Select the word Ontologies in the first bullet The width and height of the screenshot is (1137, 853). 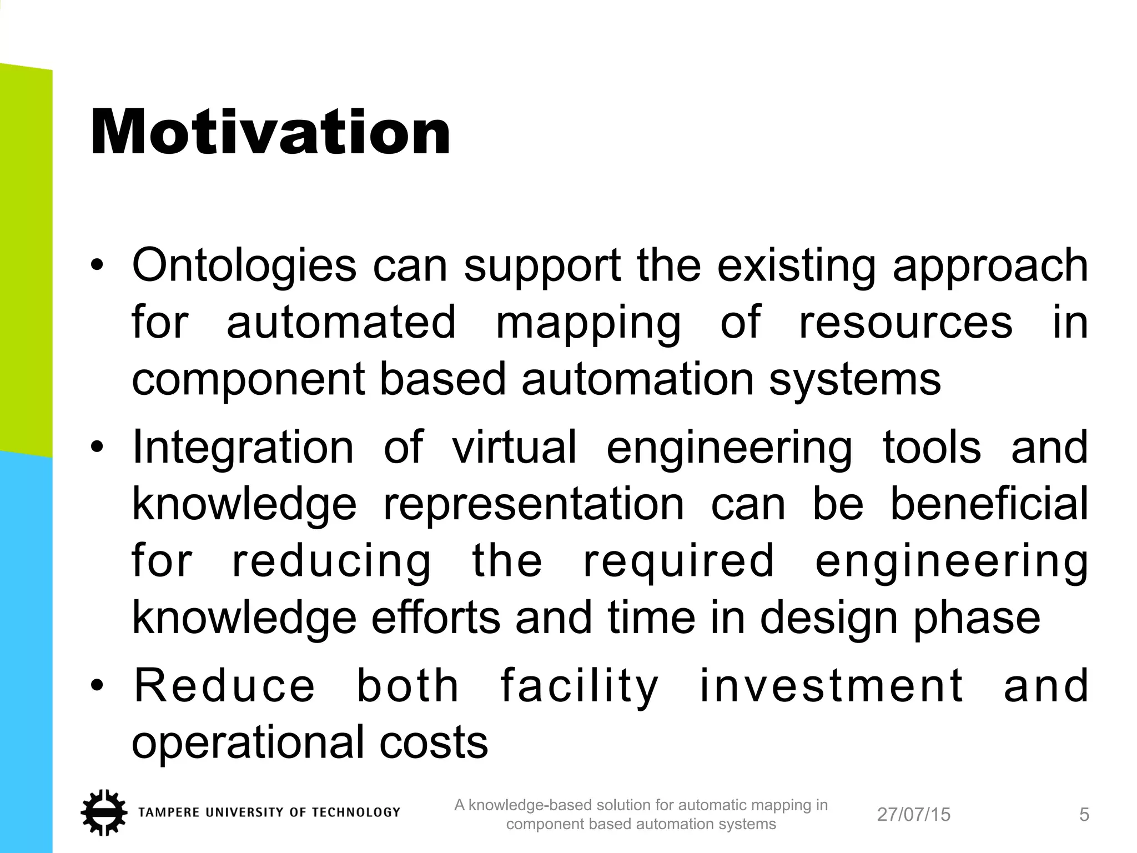244,265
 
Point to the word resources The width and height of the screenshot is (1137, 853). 905,322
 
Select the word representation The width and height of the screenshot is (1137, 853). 534,504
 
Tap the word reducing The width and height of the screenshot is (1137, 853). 331,562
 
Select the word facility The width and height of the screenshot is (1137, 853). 579,686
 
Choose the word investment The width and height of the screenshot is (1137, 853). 831,685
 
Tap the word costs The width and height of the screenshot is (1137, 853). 434,742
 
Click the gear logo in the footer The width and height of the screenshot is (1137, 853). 104,812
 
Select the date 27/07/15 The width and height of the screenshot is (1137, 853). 913,815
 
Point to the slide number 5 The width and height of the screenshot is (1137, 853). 1084,815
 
